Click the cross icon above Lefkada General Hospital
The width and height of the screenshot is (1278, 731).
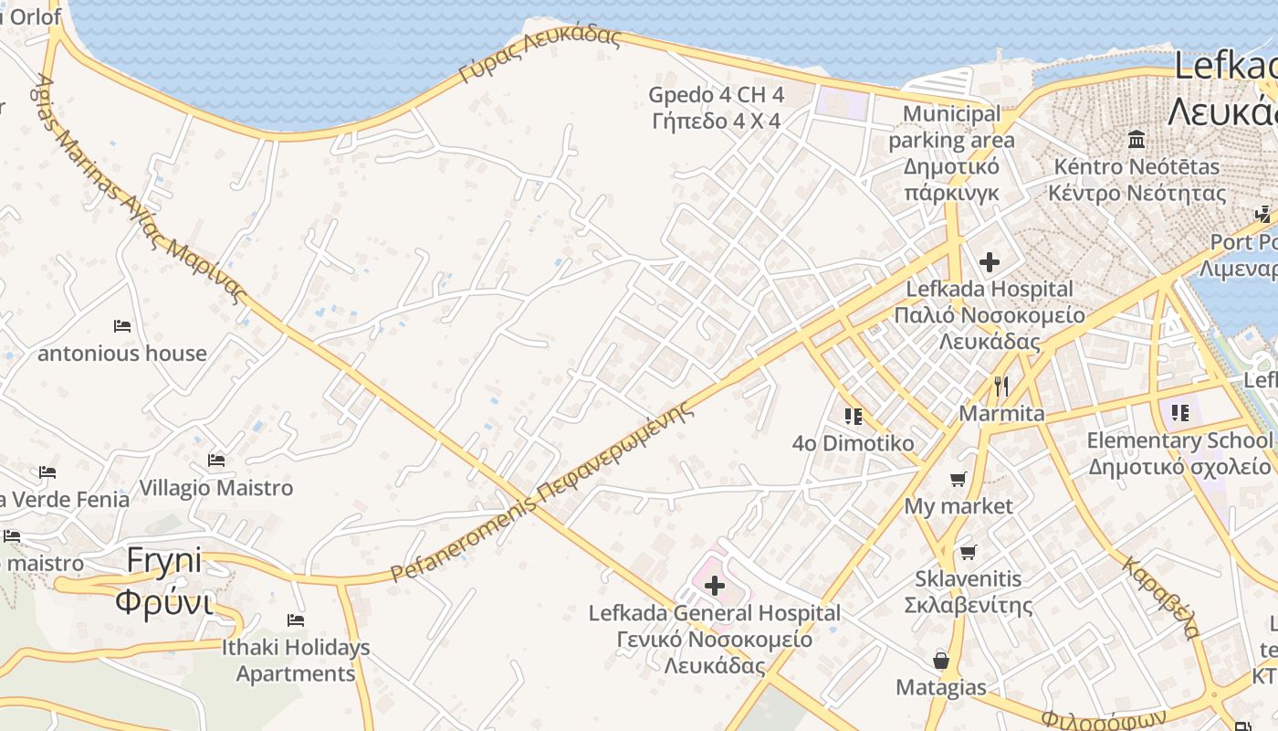[x=715, y=586]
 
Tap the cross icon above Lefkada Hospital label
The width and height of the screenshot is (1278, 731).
[x=989, y=263]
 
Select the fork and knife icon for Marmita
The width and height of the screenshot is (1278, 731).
[x=1001, y=387]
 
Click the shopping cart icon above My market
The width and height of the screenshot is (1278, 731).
[x=958, y=480]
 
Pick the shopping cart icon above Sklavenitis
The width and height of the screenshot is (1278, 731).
[x=968, y=552]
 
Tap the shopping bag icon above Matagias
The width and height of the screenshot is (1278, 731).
[x=940, y=661]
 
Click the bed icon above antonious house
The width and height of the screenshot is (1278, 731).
[x=122, y=326]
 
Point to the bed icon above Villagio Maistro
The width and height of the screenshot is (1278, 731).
[x=216, y=461]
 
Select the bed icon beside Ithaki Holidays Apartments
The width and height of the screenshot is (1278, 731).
[x=296, y=620]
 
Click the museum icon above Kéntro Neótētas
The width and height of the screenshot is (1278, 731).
[x=1137, y=140]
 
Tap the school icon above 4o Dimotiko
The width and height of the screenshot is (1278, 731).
[x=854, y=417]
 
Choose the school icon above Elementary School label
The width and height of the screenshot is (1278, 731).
[x=1179, y=413]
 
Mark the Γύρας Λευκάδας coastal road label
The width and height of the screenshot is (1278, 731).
[x=539, y=56]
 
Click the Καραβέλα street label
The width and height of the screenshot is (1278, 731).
[x=1160, y=598]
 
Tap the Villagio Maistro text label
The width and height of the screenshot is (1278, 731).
[x=216, y=488]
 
